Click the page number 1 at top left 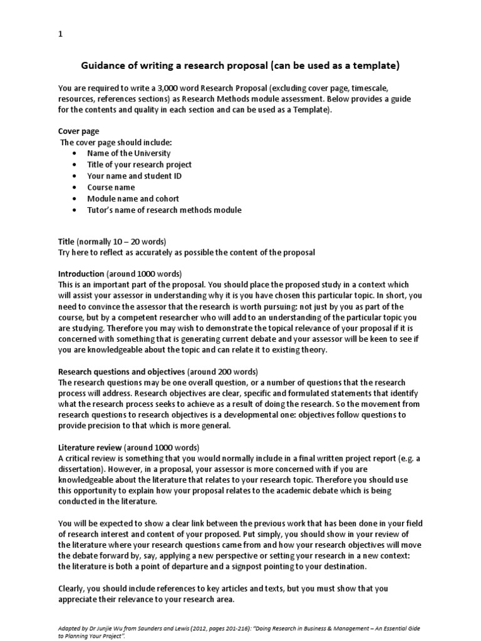pyautogui.click(x=60, y=35)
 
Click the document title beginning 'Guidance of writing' pyautogui.click(x=240, y=66)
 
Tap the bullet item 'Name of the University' pyautogui.click(x=128, y=153)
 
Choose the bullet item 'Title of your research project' pyautogui.click(x=139, y=165)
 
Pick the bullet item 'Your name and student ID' pyautogui.click(x=135, y=176)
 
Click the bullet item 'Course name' pyautogui.click(x=111, y=187)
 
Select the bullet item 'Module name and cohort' pyautogui.click(x=132, y=198)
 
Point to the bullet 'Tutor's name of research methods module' pyautogui.click(x=164, y=210)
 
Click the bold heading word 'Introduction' pyautogui.click(x=81, y=274)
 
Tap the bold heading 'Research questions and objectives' pyautogui.click(x=122, y=371)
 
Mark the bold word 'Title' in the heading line pyautogui.click(x=66, y=241)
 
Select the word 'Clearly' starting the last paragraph pyautogui.click(x=72, y=588)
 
